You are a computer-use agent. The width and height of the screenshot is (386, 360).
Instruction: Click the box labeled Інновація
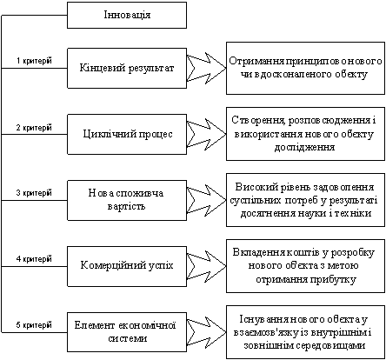(x=127, y=16)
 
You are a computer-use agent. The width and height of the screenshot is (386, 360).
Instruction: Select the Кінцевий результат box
(x=127, y=68)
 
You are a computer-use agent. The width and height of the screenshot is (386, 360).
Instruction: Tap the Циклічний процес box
(x=127, y=134)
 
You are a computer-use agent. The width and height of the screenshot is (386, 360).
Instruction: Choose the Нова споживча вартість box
(x=127, y=200)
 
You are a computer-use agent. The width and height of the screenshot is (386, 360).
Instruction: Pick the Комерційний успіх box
(x=127, y=266)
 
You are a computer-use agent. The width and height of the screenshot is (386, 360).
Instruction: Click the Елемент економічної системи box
(x=127, y=332)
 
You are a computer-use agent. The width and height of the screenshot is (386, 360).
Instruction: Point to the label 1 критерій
(x=34, y=61)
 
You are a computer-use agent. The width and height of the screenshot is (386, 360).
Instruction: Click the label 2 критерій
(x=34, y=128)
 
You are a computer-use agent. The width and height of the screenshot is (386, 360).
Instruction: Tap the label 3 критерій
(x=34, y=193)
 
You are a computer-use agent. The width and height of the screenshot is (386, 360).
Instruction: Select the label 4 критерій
(x=34, y=259)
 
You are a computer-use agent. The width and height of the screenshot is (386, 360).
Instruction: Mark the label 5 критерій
(x=34, y=325)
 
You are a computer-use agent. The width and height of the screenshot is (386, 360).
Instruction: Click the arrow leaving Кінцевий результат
(x=206, y=69)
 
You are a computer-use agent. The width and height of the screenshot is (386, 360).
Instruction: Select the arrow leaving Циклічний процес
(x=206, y=134)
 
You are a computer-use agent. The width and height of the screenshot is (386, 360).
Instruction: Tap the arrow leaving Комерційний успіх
(x=206, y=266)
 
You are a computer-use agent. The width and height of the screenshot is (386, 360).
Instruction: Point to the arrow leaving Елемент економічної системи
(x=206, y=332)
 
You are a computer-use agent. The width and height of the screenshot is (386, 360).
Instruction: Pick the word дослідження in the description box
(x=304, y=148)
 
